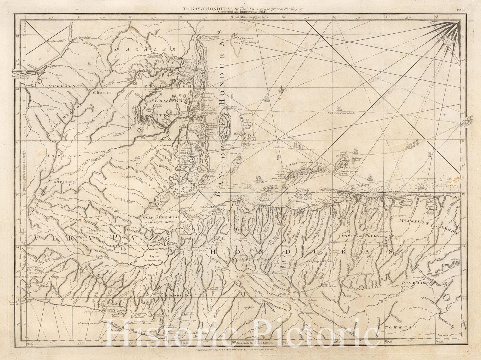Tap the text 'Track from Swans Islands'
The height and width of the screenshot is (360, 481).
pyautogui.click(x=341, y=113)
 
